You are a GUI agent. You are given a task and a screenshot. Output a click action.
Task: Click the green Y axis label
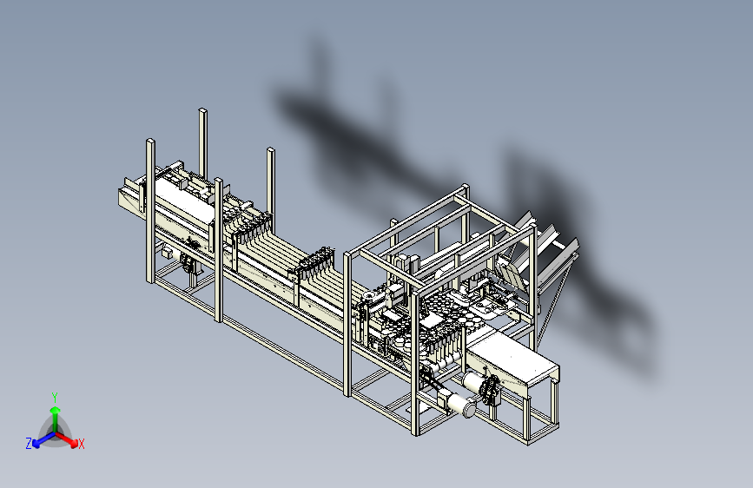55,397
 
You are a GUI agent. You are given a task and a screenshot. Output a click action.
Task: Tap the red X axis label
81,444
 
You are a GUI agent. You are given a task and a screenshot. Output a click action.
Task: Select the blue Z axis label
29,444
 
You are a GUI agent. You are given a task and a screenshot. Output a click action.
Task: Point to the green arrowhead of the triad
56,411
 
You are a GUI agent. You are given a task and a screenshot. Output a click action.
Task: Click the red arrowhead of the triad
74,442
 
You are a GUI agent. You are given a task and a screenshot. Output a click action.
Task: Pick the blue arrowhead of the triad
36,443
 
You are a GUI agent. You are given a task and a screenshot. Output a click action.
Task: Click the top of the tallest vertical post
202,111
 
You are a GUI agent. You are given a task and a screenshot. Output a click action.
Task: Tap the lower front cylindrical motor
460,404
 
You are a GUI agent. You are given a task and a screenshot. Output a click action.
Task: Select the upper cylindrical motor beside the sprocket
474,382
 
